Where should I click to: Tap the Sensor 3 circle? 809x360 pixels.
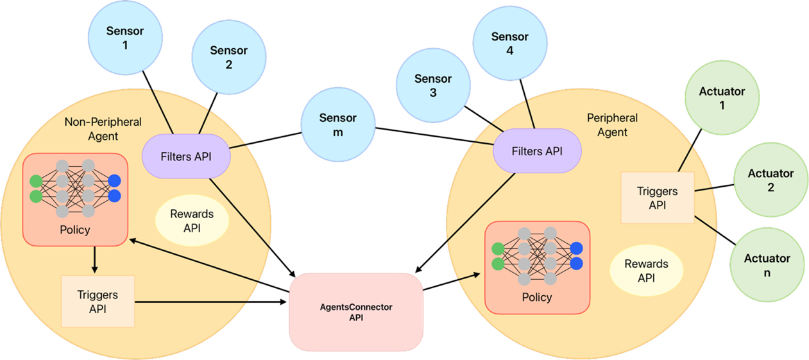click(433, 85)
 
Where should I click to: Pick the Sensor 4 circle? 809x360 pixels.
click(510, 44)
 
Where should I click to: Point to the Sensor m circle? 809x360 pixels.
click(338, 125)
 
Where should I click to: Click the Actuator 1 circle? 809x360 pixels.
click(722, 98)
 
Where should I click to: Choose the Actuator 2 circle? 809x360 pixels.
click(771, 180)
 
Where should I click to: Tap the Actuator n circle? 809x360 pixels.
click(767, 265)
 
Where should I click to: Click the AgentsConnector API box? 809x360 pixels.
click(356, 312)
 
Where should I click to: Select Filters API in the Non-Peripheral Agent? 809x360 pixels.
click(186, 157)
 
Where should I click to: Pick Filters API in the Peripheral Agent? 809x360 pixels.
click(537, 151)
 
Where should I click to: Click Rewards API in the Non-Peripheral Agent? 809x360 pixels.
click(192, 221)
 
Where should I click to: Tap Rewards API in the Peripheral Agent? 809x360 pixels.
click(646, 270)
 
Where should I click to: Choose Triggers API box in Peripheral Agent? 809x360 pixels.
click(657, 198)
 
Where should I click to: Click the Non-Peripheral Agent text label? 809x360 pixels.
click(103, 128)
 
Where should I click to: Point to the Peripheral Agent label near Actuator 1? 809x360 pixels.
click(612, 124)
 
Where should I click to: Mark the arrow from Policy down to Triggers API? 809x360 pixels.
click(94, 260)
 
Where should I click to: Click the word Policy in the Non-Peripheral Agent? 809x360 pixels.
click(75, 230)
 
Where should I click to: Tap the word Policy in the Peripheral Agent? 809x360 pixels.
click(537, 297)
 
